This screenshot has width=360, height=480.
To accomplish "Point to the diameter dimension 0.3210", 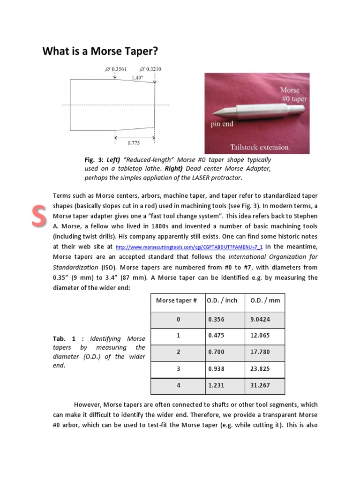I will pyautogui.click(x=151, y=69).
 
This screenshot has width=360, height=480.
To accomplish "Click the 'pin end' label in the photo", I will pyautogui.click(x=221, y=124).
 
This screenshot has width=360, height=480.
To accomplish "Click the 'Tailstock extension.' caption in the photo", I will pyautogui.click(x=261, y=147).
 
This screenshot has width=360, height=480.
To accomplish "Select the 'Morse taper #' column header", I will pyautogui.click(x=176, y=300).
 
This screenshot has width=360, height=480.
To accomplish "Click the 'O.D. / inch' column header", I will pyautogui.click(x=223, y=300).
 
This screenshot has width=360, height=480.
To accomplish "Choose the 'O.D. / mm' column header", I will pyautogui.click(x=265, y=300).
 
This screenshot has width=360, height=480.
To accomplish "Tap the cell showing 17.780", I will pyautogui.click(x=260, y=352).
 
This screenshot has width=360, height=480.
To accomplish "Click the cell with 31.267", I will pyautogui.click(x=260, y=385).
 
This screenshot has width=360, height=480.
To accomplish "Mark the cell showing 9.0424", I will pyautogui.click(x=260, y=319).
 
